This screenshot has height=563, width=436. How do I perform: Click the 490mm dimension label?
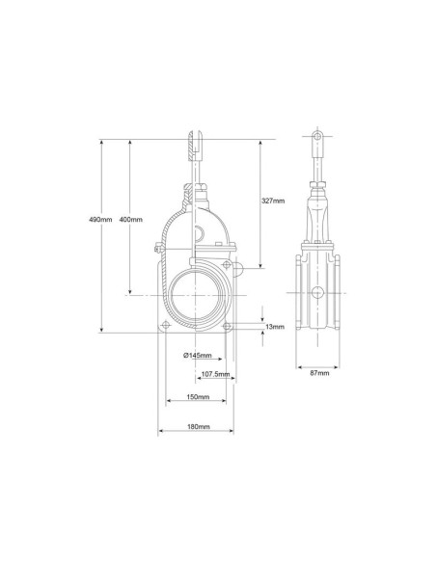[100, 219]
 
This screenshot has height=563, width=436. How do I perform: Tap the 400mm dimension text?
[131, 219]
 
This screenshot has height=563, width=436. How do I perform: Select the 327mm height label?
[273, 201]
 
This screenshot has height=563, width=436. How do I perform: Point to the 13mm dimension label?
[275, 327]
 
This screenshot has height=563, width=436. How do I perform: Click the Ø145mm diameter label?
[198, 356]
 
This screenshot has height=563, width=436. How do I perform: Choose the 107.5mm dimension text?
[215, 374]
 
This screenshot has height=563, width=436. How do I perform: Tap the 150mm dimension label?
[198, 397]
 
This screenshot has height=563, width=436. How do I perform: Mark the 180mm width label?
[199, 426]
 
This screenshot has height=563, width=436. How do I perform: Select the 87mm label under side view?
[319, 373]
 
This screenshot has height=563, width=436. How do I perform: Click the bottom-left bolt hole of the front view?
[165, 326]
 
